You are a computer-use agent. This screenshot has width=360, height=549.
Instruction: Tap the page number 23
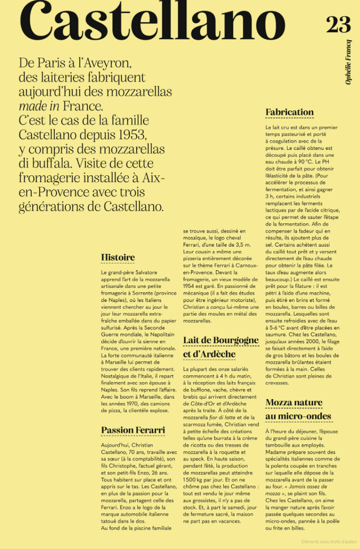coord(338,24)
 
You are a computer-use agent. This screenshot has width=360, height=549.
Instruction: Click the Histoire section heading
coord(118,258)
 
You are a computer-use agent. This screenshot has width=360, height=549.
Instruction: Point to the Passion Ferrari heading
coord(133,430)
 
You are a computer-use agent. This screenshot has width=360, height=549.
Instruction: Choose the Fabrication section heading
coord(289,112)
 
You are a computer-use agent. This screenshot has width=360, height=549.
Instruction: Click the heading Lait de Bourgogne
coord(221,340)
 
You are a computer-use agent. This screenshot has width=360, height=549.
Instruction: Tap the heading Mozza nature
coord(293,403)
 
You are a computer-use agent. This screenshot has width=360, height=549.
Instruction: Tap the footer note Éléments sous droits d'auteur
coord(330,542)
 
